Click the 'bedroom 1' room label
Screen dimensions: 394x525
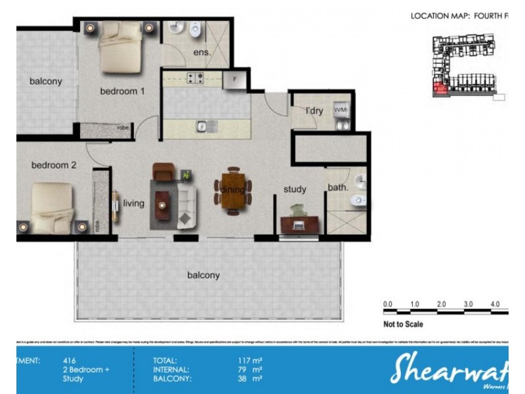pyautogui.click(x=122, y=91)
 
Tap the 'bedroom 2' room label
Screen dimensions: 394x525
pyautogui.click(x=54, y=165)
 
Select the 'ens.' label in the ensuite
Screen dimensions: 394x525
pyautogui.click(x=201, y=53)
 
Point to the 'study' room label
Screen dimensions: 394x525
pyautogui.click(x=295, y=189)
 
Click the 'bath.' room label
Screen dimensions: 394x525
pyautogui.click(x=338, y=188)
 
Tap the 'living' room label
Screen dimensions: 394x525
pyautogui.click(x=133, y=204)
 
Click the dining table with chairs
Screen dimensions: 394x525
pyautogui.click(x=232, y=190)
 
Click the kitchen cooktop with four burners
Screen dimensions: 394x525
pyautogui.click(x=196, y=79)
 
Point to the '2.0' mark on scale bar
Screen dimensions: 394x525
pyautogui.click(x=441, y=305)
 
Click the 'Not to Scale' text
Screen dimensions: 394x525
pyautogui.click(x=403, y=324)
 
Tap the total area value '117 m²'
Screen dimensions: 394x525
pyautogui.click(x=251, y=361)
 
